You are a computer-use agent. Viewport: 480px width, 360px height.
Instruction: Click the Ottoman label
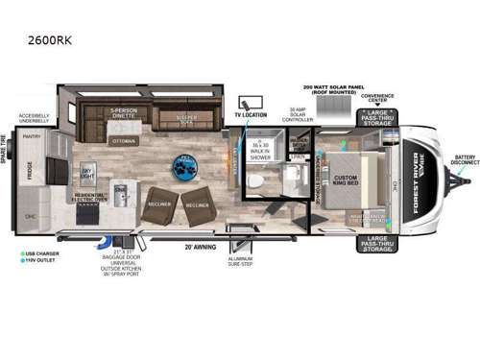[124, 140]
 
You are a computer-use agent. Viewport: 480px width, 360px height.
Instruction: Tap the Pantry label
[33, 137]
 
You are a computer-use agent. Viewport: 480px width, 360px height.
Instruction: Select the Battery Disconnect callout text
[464, 161]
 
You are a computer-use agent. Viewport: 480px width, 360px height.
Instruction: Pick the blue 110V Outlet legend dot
[18, 262]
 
